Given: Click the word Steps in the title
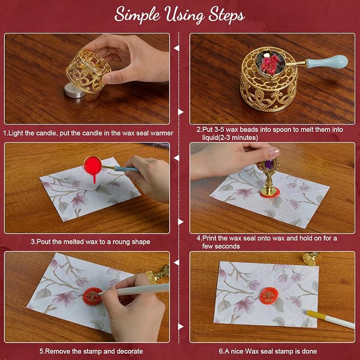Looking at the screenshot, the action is (226, 15).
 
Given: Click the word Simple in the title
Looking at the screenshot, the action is (137, 15).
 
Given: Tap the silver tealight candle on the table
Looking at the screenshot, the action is (75, 91).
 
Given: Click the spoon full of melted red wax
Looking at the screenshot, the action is (93, 165).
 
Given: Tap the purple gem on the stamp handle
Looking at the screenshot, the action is (269, 164).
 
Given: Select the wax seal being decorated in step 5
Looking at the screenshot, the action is (92, 296).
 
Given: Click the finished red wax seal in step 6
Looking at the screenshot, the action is (269, 296).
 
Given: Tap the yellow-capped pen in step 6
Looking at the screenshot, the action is (330, 319).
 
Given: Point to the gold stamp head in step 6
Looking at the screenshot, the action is (310, 259).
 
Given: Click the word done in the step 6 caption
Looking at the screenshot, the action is (310, 352).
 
